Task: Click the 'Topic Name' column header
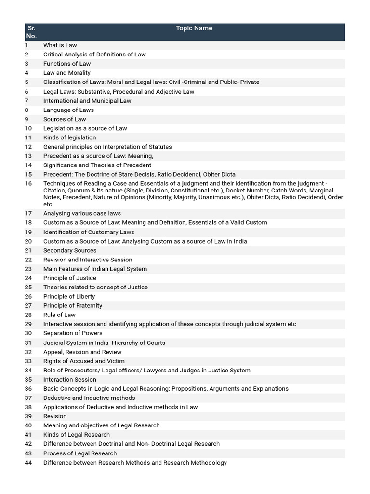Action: click(x=194, y=28)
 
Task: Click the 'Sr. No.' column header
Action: click(x=31, y=32)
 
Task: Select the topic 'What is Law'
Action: click(x=60, y=45)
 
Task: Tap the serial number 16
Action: click(x=28, y=184)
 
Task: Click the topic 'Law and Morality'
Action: click(x=66, y=73)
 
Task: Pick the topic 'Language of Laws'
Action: click(x=68, y=110)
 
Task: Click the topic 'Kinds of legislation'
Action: click(x=69, y=137)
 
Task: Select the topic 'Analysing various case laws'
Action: click(x=82, y=213)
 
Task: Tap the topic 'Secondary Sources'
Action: click(x=70, y=250)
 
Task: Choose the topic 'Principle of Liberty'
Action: click(x=69, y=296)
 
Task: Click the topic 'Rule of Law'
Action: click(x=59, y=315)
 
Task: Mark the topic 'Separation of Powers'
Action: click(x=73, y=333)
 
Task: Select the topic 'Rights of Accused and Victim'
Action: click(x=84, y=361)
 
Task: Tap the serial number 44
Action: click(x=28, y=463)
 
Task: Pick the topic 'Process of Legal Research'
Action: click(x=80, y=453)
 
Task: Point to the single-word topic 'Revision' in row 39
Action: click(x=55, y=416)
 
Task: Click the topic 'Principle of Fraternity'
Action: click(x=73, y=305)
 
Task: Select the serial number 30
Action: click(x=28, y=333)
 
